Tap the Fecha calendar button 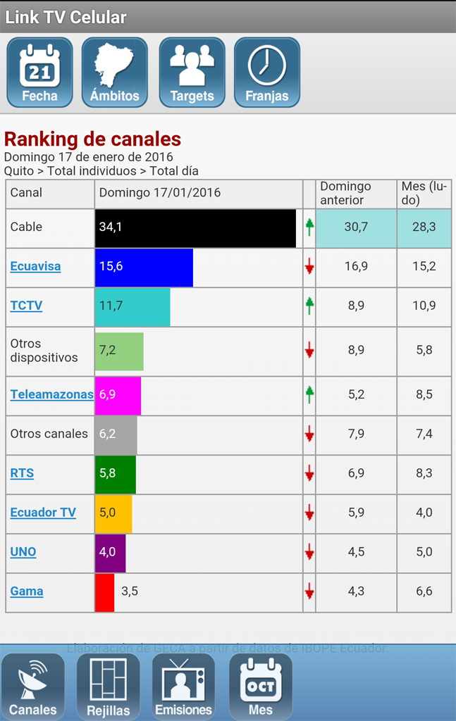[39, 73]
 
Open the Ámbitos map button [115, 73]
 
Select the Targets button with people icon [192, 73]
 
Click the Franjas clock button [267, 73]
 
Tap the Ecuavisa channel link [35, 266]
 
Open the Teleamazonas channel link [51, 394]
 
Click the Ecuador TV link [43, 513]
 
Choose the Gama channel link [27, 591]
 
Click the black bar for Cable [195, 227]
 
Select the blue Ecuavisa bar [144, 268]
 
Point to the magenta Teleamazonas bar [118, 396]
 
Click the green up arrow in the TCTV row [309, 306]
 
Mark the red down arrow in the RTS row [309, 474]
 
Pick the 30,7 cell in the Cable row [356, 227]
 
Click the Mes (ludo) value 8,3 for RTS [424, 473]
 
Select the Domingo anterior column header [356, 194]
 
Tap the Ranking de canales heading [92, 139]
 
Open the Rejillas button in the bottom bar [109, 687]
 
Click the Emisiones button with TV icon [184, 687]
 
